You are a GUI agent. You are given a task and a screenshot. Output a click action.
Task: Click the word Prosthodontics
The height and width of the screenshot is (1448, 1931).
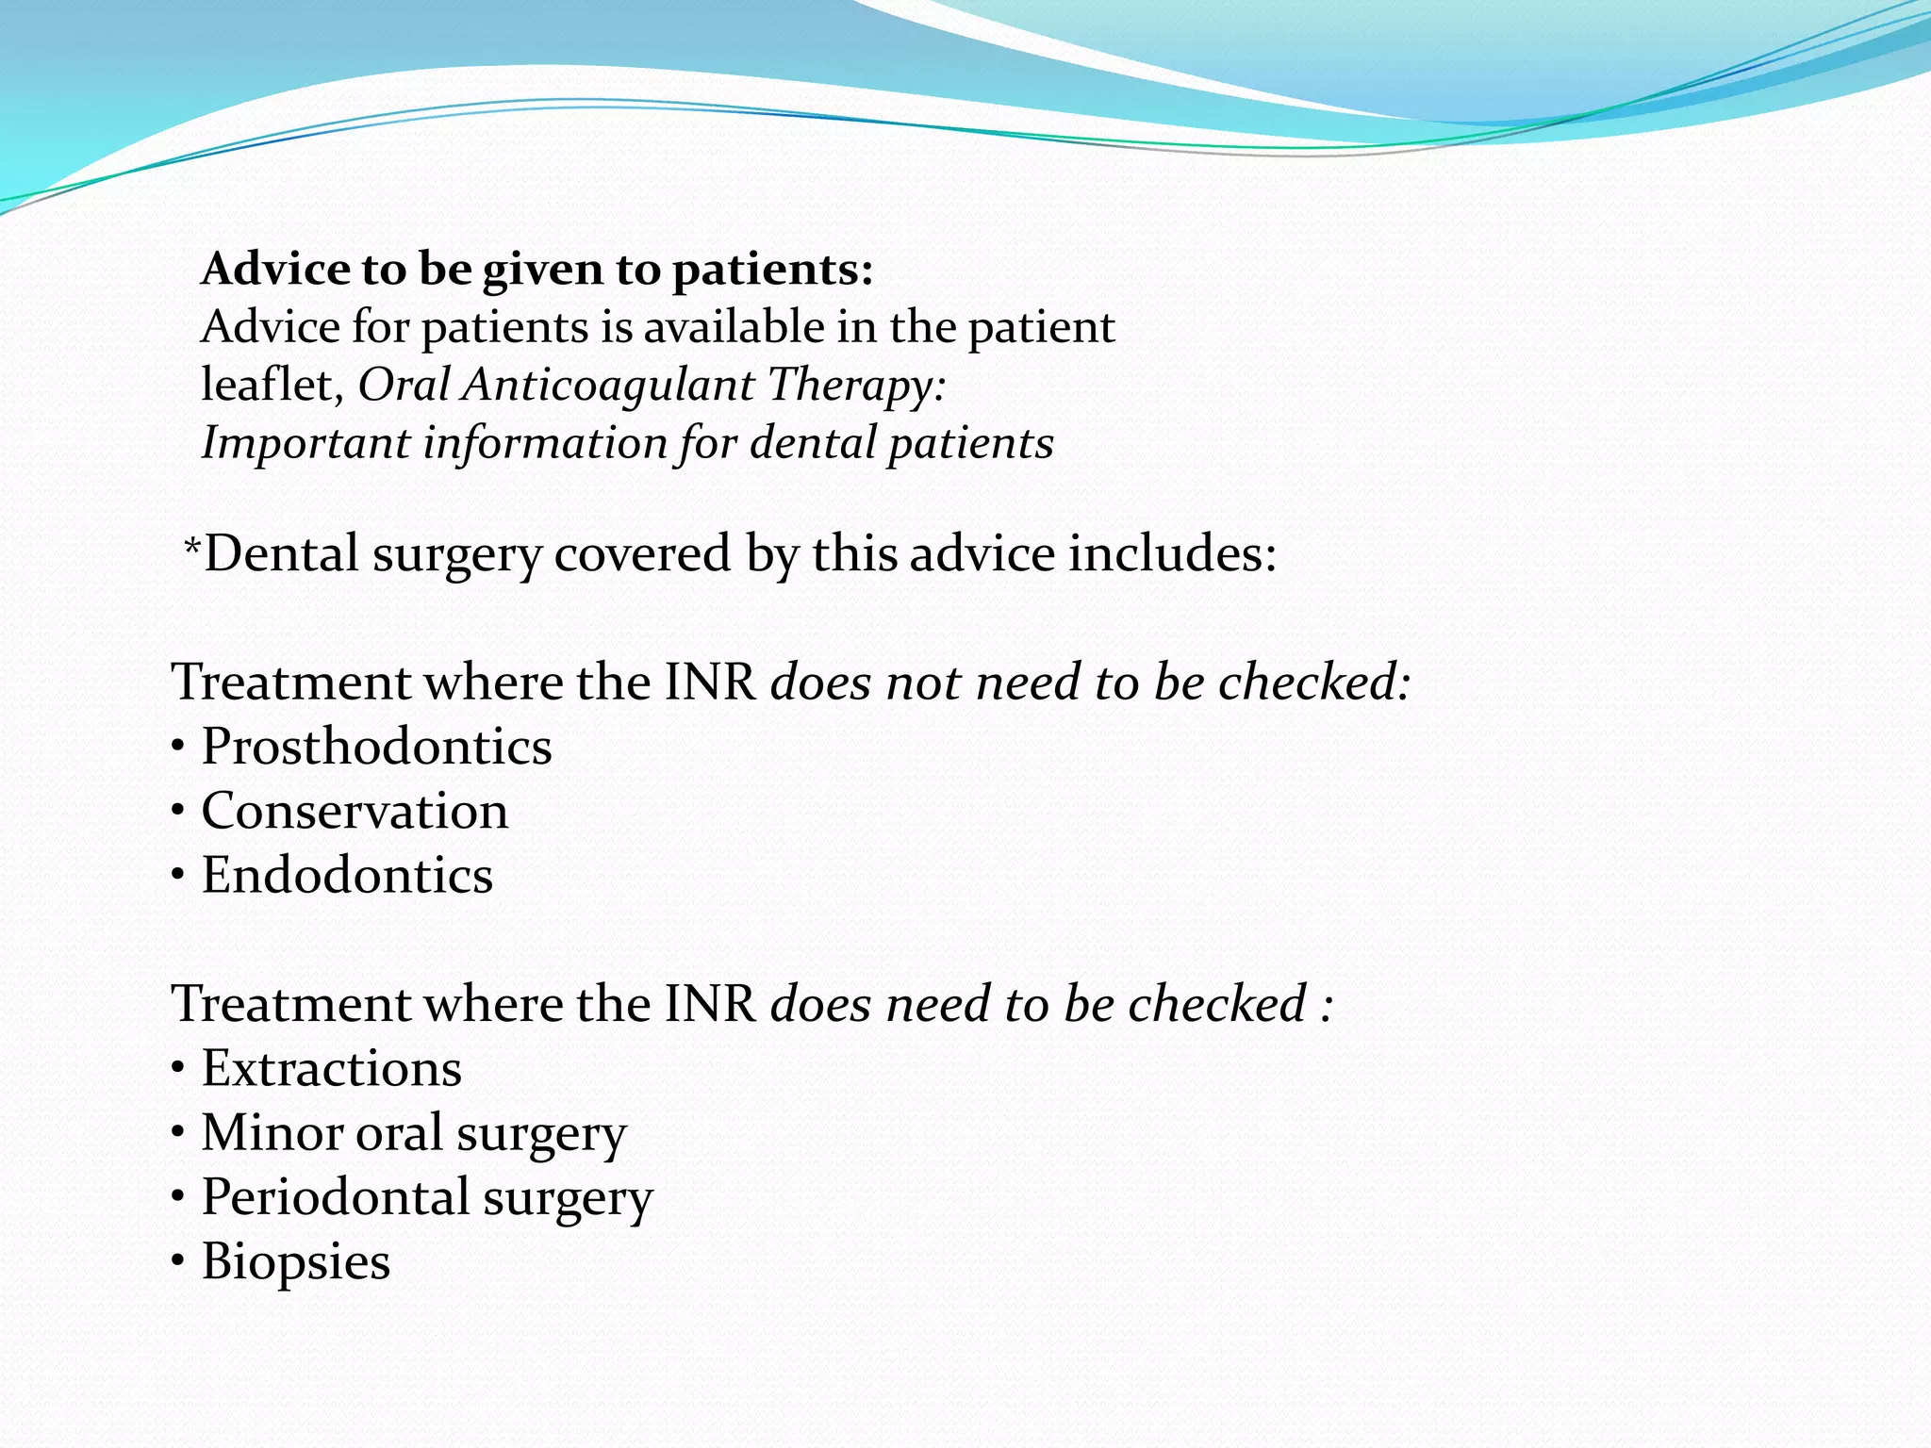coord(376,747)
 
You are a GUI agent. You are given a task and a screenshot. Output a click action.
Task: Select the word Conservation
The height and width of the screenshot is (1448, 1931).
coord(355,811)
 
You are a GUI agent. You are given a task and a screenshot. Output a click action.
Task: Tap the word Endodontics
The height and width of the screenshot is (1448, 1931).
coord(347,875)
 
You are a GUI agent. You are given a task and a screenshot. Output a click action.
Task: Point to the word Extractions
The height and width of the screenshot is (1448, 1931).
coord(332,1068)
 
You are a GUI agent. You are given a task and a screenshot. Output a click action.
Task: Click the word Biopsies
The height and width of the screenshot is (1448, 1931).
coord(296,1261)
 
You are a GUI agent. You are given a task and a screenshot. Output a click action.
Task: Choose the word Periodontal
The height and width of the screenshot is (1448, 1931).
coord(335,1197)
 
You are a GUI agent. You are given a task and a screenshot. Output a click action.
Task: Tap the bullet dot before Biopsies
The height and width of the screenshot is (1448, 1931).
coord(178,1262)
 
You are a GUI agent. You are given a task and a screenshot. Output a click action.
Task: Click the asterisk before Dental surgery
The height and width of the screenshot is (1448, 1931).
coord(192,546)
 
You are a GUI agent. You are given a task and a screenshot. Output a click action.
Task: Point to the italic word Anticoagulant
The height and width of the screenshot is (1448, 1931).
coord(607,385)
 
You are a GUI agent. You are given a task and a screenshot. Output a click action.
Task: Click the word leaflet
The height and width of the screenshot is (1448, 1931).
coord(272,385)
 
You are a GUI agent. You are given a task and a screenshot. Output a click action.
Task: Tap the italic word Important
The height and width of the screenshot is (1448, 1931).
coord(305,443)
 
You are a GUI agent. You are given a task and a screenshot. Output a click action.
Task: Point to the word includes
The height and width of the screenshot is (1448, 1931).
coord(1172,553)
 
